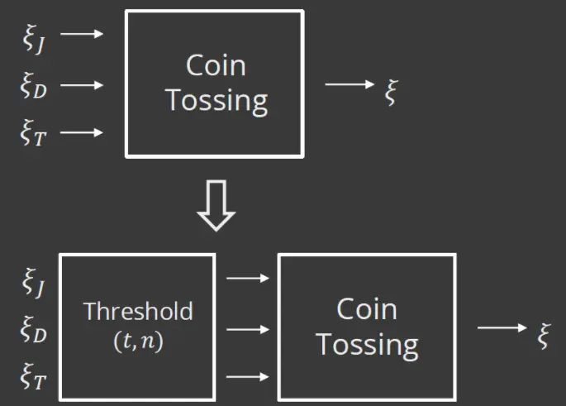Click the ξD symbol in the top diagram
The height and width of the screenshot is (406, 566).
(34, 86)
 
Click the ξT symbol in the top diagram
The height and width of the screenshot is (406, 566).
(34, 134)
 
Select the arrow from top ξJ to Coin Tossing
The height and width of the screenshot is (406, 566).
(83, 34)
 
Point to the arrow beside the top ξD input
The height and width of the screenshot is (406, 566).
(83, 84)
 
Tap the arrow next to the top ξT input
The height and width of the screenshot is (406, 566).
(83, 131)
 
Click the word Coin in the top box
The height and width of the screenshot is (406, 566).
(216, 64)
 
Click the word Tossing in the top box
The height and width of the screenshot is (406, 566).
(216, 100)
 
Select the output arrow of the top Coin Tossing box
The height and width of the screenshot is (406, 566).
(350, 84)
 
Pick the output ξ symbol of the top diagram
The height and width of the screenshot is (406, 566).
(392, 92)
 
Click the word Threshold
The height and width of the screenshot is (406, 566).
(138, 311)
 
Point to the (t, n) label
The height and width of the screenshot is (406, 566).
(138, 341)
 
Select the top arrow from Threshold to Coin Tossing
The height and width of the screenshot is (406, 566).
(248, 279)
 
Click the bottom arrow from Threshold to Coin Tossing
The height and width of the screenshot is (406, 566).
(248, 377)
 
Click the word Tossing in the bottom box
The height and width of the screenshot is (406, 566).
(367, 344)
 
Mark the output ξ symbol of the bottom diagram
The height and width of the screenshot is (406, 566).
(543, 337)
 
